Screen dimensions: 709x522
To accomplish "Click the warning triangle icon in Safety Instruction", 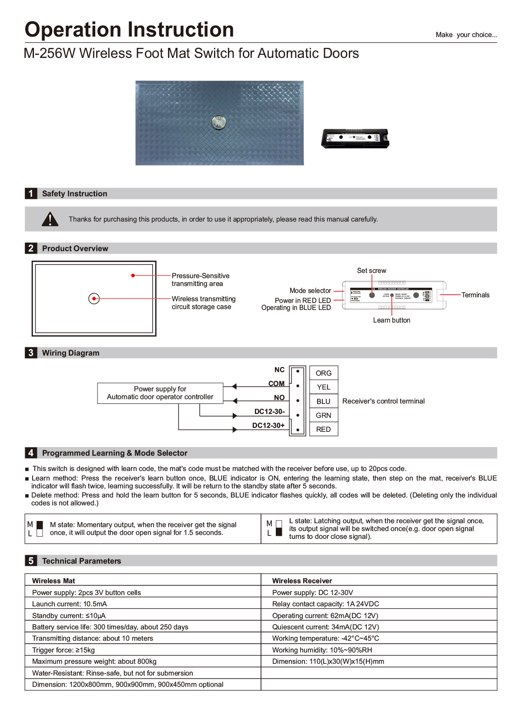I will (x=50, y=219).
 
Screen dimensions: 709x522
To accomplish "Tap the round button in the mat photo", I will (x=218, y=122).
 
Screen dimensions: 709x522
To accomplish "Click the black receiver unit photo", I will (x=355, y=138).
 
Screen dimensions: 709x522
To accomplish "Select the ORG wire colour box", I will (x=324, y=373).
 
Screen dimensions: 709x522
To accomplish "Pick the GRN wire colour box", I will (x=324, y=415).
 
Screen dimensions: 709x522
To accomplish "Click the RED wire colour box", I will (x=324, y=429).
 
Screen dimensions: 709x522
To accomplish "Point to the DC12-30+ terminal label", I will (x=268, y=425).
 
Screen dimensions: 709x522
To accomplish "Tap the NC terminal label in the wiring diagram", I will (x=279, y=370).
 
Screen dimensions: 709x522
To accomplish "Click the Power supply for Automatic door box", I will (x=160, y=393).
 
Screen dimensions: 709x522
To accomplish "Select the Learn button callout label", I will (x=391, y=320).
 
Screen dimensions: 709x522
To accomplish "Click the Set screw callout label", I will (x=371, y=271).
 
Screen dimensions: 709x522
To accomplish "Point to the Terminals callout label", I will (x=475, y=295).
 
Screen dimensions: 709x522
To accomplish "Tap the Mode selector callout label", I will (x=310, y=291).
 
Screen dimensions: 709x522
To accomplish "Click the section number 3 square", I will (x=31, y=353).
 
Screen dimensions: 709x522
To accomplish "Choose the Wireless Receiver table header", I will (x=302, y=581).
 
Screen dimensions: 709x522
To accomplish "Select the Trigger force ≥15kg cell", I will (x=64, y=650).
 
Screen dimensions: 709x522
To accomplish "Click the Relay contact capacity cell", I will (x=325, y=604).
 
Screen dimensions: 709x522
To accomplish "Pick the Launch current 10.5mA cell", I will (x=70, y=604).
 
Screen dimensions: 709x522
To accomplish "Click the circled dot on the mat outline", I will (x=94, y=299).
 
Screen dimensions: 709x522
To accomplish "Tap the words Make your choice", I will (x=466, y=35).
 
